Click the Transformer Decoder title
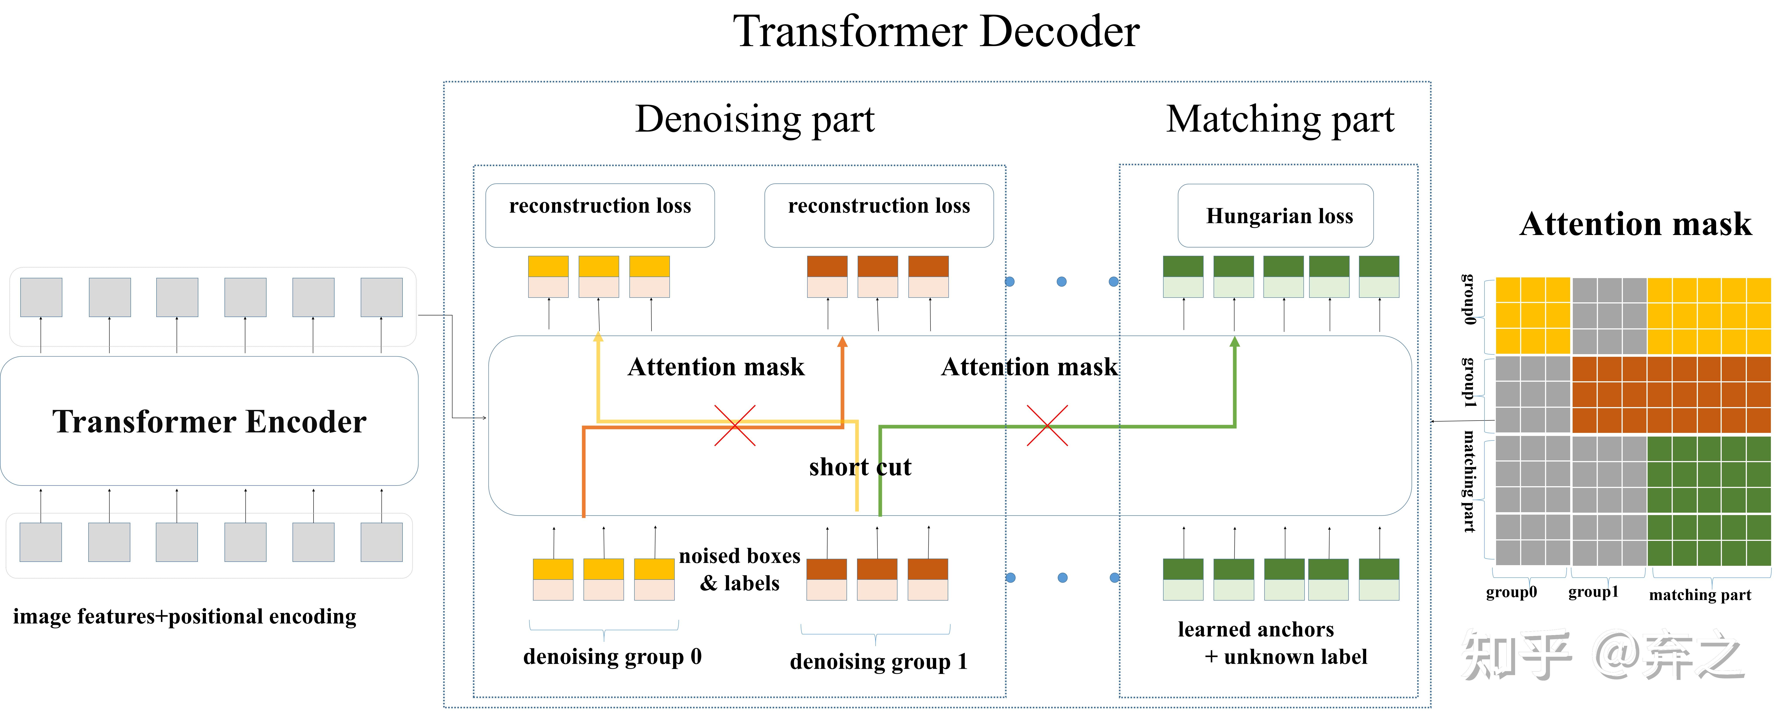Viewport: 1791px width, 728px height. coord(936,32)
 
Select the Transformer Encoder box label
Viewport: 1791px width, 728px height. coord(209,421)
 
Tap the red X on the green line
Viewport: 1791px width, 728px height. coord(1047,425)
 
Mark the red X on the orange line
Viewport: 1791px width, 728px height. coord(735,425)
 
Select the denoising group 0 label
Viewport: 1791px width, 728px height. coord(612,656)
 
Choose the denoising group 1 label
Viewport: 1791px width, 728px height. coord(878,661)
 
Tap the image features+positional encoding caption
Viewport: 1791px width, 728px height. coord(184,617)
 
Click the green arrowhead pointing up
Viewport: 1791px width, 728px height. coord(1235,342)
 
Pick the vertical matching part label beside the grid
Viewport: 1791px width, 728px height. coord(1468,481)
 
